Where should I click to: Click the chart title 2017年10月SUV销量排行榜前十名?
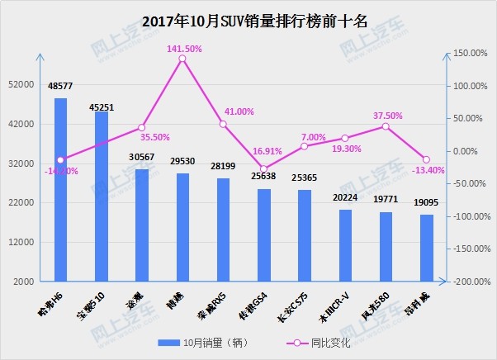point(248,19)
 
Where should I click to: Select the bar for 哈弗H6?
point(61,190)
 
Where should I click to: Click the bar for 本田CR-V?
point(345,245)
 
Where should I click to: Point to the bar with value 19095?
point(426,248)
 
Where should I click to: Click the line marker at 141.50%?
point(182,58)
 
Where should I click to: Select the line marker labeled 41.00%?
point(223,124)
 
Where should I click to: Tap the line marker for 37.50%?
point(386,126)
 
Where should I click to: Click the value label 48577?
point(61,86)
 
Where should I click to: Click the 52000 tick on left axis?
point(21,85)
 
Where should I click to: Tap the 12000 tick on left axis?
point(21,242)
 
